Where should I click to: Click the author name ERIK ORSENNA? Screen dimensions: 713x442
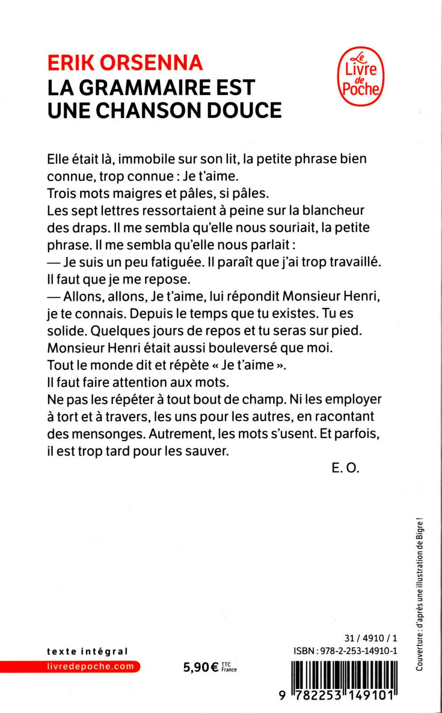[x=125, y=63]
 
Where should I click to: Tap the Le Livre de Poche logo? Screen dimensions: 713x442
[x=360, y=77]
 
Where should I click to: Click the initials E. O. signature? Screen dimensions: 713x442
[x=345, y=468]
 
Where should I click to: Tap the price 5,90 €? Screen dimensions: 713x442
[x=201, y=667]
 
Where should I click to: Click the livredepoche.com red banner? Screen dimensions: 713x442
[x=91, y=667]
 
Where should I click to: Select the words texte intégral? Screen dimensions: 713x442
[x=87, y=652]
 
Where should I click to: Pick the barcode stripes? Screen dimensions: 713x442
[x=344, y=675]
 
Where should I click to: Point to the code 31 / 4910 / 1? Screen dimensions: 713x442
[x=371, y=638]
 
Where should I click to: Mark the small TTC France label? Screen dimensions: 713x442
[x=229, y=667]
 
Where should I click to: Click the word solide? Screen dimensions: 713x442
[x=66, y=331]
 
